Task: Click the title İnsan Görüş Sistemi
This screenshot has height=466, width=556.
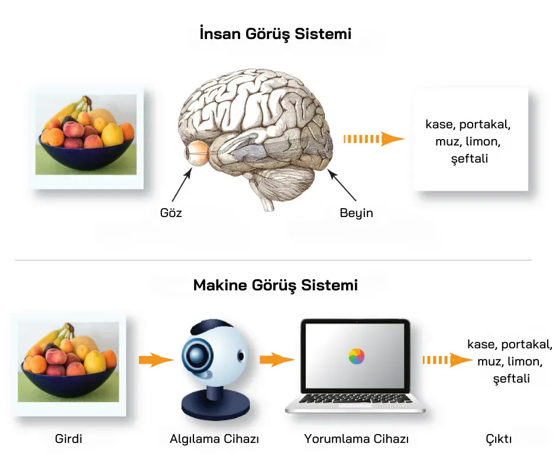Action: click(276, 34)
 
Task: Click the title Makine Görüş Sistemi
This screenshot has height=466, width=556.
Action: click(276, 285)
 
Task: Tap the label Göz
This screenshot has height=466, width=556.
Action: click(171, 213)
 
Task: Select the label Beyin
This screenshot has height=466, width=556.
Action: click(356, 213)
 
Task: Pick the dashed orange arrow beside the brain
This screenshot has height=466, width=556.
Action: click(373, 140)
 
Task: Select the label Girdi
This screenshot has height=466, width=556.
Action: click(69, 439)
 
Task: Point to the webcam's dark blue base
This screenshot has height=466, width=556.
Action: click(212, 404)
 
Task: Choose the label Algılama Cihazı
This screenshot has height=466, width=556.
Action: click(215, 439)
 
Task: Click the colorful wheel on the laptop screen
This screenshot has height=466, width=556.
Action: click(356, 356)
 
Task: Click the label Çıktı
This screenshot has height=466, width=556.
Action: click(499, 439)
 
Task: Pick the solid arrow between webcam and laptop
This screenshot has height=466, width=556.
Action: click(276, 359)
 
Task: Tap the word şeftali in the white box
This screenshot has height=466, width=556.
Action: click(469, 159)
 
